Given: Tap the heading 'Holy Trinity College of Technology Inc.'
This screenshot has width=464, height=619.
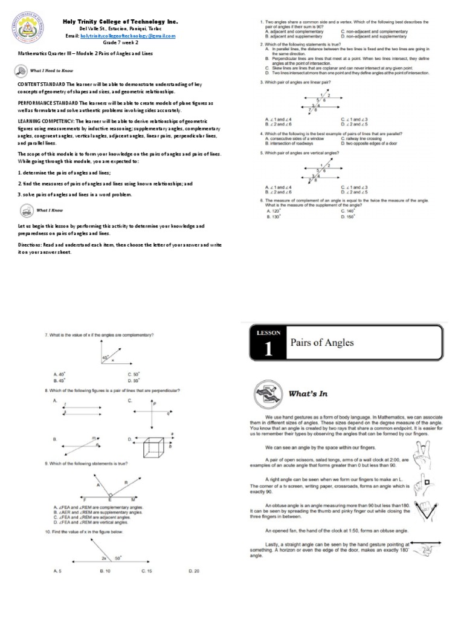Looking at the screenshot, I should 121,21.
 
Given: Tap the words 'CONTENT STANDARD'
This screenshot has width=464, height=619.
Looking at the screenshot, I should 40,84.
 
